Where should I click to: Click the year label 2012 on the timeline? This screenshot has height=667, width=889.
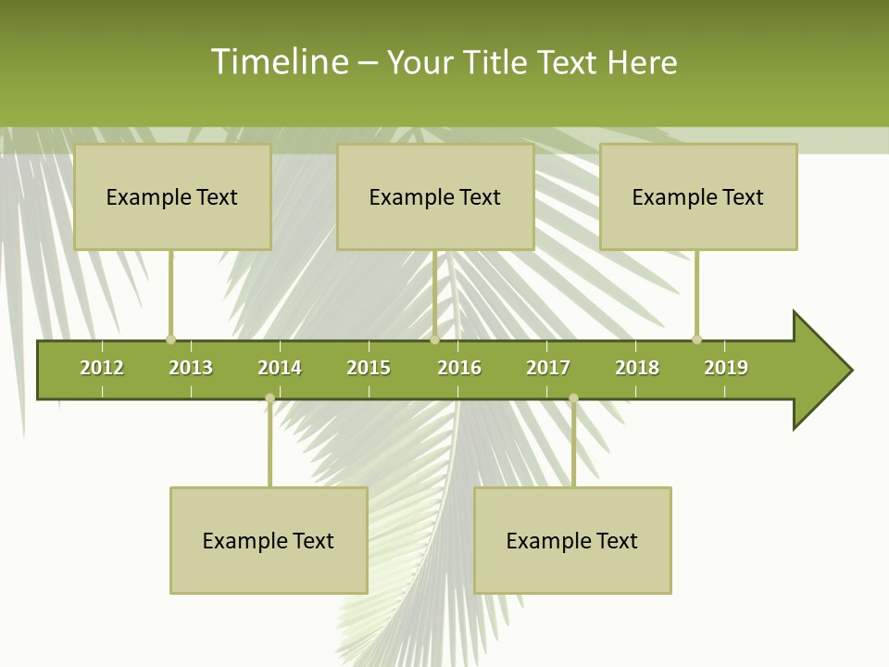(102, 368)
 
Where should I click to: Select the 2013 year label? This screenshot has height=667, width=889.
(191, 368)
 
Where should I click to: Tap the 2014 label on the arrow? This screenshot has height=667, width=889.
(280, 368)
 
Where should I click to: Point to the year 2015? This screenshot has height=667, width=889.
(369, 368)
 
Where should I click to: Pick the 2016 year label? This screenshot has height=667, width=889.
(459, 368)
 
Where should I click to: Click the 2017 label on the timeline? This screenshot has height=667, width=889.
(548, 368)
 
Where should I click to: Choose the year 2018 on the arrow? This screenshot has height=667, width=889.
(637, 368)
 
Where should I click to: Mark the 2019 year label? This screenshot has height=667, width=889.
(726, 368)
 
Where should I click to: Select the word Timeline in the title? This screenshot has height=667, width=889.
(279, 62)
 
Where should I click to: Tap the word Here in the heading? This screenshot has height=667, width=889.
(642, 62)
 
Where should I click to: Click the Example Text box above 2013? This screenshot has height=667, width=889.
(172, 197)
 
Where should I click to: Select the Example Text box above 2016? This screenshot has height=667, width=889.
(435, 197)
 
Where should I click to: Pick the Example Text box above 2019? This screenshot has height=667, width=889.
(698, 197)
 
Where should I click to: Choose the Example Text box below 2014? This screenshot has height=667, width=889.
(269, 540)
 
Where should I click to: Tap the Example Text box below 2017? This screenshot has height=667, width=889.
(572, 540)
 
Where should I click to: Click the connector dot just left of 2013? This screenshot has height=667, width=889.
(170, 339)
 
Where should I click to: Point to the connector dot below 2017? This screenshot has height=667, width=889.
(573, 398)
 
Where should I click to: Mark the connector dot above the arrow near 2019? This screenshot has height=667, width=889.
(696, 339)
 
